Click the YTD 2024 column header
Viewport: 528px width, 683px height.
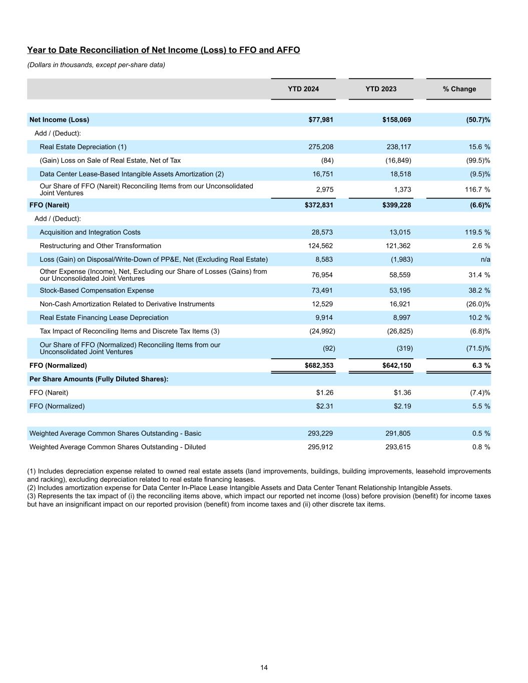pos(303,89)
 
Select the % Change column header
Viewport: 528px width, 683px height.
pos(459,89)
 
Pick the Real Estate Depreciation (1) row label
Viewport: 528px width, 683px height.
pos(83,147)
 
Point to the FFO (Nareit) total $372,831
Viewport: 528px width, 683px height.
pos(319,205)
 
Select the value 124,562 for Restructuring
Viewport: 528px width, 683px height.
pos(320,246)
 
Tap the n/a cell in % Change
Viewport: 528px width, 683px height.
pos(485,259)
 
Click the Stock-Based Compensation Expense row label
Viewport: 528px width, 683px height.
pos(97,290)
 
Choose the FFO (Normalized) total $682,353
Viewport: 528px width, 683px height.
pos(319,365)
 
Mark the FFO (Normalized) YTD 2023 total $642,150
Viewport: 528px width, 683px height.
pos(396,365)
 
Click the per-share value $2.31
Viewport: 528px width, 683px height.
pos(324,406)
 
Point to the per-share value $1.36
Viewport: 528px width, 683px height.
pos(402,393)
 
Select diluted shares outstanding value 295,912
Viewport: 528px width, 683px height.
pos(320,447)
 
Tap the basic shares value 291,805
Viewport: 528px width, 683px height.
pos(398,433)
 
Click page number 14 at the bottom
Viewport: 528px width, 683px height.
pos(264,667)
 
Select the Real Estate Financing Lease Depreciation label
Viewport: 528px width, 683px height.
pos(104,318)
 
